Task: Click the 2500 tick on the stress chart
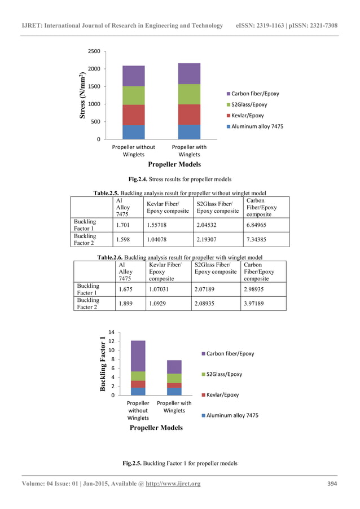(93, 51)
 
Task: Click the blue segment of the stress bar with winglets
(189, 131)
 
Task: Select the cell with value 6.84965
(260, 225)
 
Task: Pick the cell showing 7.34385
(260, 240)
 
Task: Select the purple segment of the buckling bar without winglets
(138, 356)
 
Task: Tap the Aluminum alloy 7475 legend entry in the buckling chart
(232, 415)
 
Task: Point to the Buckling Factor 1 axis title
(103, 364)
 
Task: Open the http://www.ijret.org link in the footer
(173, 484)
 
